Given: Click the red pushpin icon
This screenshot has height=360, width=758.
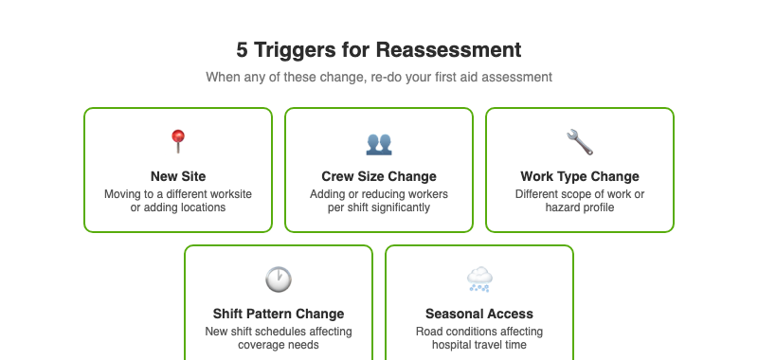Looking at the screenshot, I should [x=178, y=142].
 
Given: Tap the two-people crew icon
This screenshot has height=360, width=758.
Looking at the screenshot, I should [x=379, y=143].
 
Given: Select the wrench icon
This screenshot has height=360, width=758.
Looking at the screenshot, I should [x=580, y=142].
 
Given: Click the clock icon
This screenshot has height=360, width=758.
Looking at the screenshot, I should [x=279, y=279].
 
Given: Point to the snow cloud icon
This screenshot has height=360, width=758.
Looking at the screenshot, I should [x=479, y=279].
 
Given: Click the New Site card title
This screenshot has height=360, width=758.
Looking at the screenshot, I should [x=178, y=176].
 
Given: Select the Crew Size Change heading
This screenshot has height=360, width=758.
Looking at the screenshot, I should [x=379, y=176].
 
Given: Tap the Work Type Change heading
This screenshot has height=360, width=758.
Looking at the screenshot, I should [x=580, y=176].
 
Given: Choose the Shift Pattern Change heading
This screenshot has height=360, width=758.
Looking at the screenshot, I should [x=279, y=314].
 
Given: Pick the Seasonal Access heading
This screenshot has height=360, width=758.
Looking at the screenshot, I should [x=479, y=314].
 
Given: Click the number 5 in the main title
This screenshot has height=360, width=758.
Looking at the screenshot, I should [x=242, y=49].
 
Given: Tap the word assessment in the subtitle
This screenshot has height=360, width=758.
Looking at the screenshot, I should [x=515, y=77].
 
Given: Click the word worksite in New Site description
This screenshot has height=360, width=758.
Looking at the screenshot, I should [x=228, y=194].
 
